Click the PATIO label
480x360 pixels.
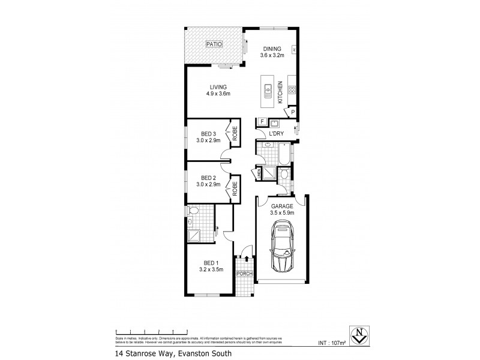pyautogui.click(x=214, y=44)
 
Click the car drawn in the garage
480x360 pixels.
pyautogui.click(x=281, y=247)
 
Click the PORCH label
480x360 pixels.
pyautogui.click(x=243, y=274)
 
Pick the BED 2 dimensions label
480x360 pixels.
pyautogui.click(x=208, y=184)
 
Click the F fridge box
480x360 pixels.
pyautogui.click(x=262, y=122)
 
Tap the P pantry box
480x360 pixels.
pyautogui.click(x=293, y=112)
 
